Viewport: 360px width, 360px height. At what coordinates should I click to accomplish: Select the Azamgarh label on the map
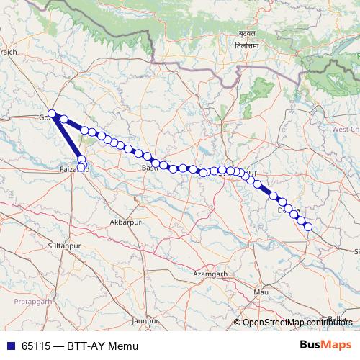point(211,274)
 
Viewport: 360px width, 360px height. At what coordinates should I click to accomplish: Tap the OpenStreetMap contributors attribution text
point(297,323)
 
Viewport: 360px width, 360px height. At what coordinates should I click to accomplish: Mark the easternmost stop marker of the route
point(308,227)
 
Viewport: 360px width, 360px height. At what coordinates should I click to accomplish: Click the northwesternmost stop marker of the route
point(52,113)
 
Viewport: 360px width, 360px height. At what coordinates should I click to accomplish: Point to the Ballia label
point(336,318)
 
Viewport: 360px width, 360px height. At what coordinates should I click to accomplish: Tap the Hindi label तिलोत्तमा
point(247,45)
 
